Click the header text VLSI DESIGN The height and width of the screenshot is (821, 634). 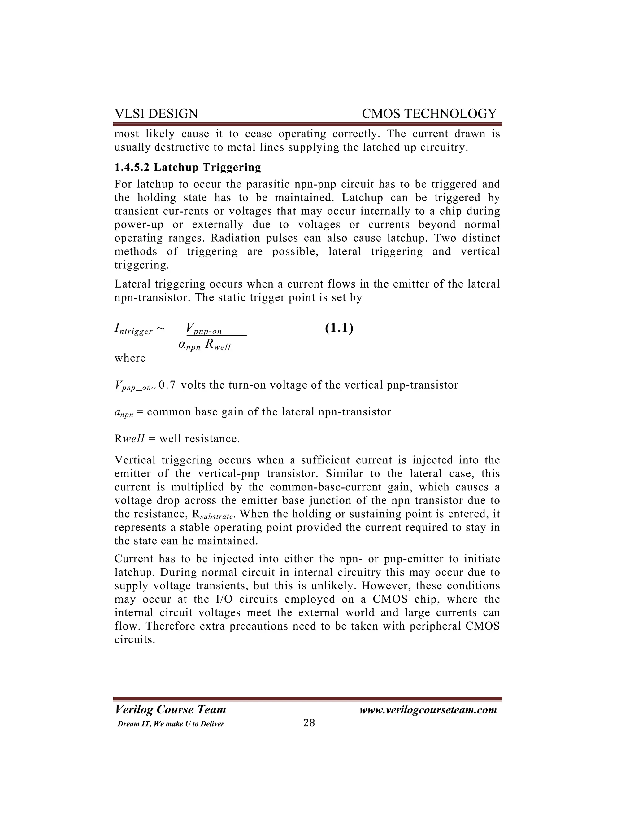tap(156, 113)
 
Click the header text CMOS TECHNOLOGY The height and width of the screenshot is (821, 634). tap(429, 113)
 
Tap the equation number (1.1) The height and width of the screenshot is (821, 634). tap(339, 328)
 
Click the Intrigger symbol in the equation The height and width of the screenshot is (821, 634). tap(133, 329)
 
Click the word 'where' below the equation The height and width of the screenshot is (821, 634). tap(130, 358)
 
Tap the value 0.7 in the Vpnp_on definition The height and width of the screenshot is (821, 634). tap(167, 385)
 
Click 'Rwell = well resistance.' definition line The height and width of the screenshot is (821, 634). tap(177, 439)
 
